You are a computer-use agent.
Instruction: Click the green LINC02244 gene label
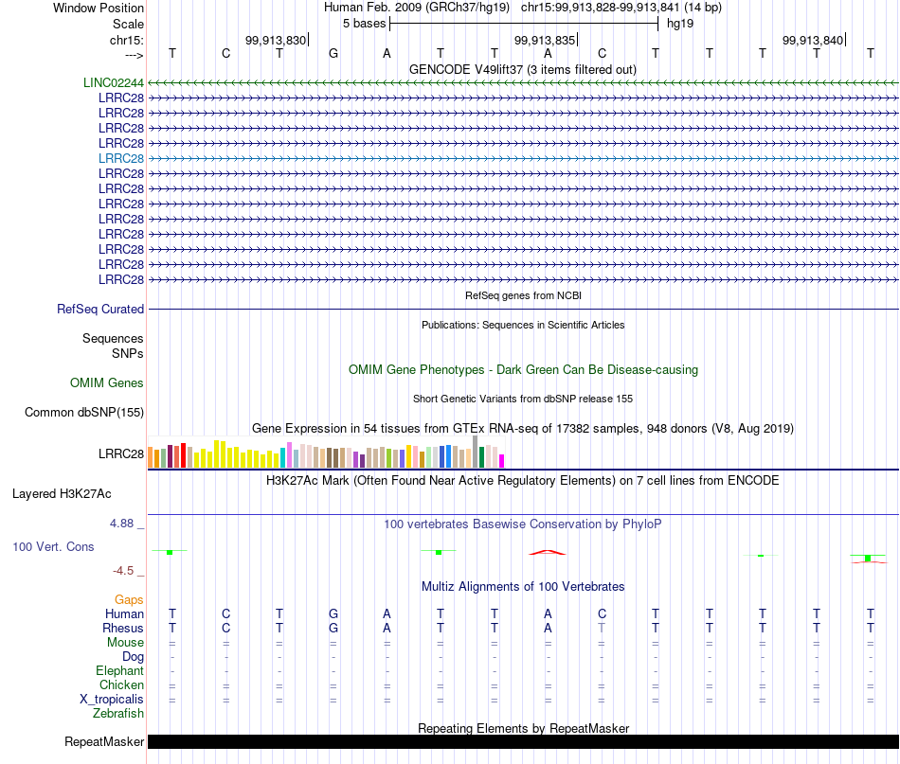pos(114,82)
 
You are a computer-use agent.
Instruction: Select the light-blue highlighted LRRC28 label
pos(121,158)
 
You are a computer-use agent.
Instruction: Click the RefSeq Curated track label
pos(100,309)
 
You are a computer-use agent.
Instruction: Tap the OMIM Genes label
pos(107,382)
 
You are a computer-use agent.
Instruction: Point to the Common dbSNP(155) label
pos(84,413)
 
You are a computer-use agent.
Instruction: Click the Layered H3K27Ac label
pos(62,494)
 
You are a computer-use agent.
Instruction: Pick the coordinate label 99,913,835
pos(544,40)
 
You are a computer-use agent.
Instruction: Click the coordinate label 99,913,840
pos(813,40)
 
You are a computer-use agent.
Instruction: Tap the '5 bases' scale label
pos(365,24)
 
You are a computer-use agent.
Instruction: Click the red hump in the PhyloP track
pos(547,552)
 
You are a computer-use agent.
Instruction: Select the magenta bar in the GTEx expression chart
pos(502,461)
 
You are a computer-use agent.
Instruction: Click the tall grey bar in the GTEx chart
pos(476,452)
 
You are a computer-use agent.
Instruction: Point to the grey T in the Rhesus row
pos(602,628)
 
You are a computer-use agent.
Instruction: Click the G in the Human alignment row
pos(333,613)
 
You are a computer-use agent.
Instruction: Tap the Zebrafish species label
pos(118,713)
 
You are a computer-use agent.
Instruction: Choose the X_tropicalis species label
pos(112,700)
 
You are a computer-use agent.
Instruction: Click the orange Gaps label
pos(129,599)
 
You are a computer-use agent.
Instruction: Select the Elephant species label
pos(119,670)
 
